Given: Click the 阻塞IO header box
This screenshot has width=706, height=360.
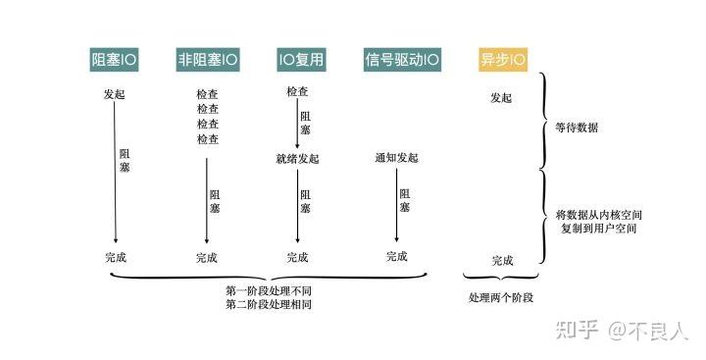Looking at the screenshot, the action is tap(115, 59).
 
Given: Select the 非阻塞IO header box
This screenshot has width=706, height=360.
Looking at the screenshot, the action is tap(207, 59).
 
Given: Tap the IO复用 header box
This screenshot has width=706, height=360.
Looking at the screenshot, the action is tap(300, 59).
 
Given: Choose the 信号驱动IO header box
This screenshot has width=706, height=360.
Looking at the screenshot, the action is tap(401, 59).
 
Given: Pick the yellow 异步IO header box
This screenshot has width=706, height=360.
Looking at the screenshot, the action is tap(501, 59).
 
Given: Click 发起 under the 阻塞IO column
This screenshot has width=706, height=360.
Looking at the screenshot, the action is tap(115, 95).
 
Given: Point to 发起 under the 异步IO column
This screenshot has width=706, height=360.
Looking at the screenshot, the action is tap(500, 99).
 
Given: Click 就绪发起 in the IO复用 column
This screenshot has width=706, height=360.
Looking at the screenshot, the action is tap(297, 159).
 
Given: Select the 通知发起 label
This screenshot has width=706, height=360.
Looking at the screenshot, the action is tap(396, 159).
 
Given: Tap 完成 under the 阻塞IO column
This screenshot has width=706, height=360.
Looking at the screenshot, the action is tap(115, 258).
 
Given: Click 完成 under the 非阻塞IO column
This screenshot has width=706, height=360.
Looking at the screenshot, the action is tap(206, 258).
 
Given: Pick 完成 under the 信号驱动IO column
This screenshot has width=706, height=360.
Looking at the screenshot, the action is tap(396, 257).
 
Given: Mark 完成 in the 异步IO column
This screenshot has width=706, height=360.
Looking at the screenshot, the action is tap(502, 261).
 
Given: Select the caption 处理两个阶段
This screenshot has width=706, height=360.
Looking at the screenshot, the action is tap(500, 297).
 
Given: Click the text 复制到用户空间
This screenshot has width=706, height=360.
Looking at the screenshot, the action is tap(598, 228).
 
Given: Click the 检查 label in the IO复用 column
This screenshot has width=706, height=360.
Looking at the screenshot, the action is tap(298, 92).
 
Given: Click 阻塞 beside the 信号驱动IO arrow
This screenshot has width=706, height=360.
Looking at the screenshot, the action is tap(405, 201).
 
